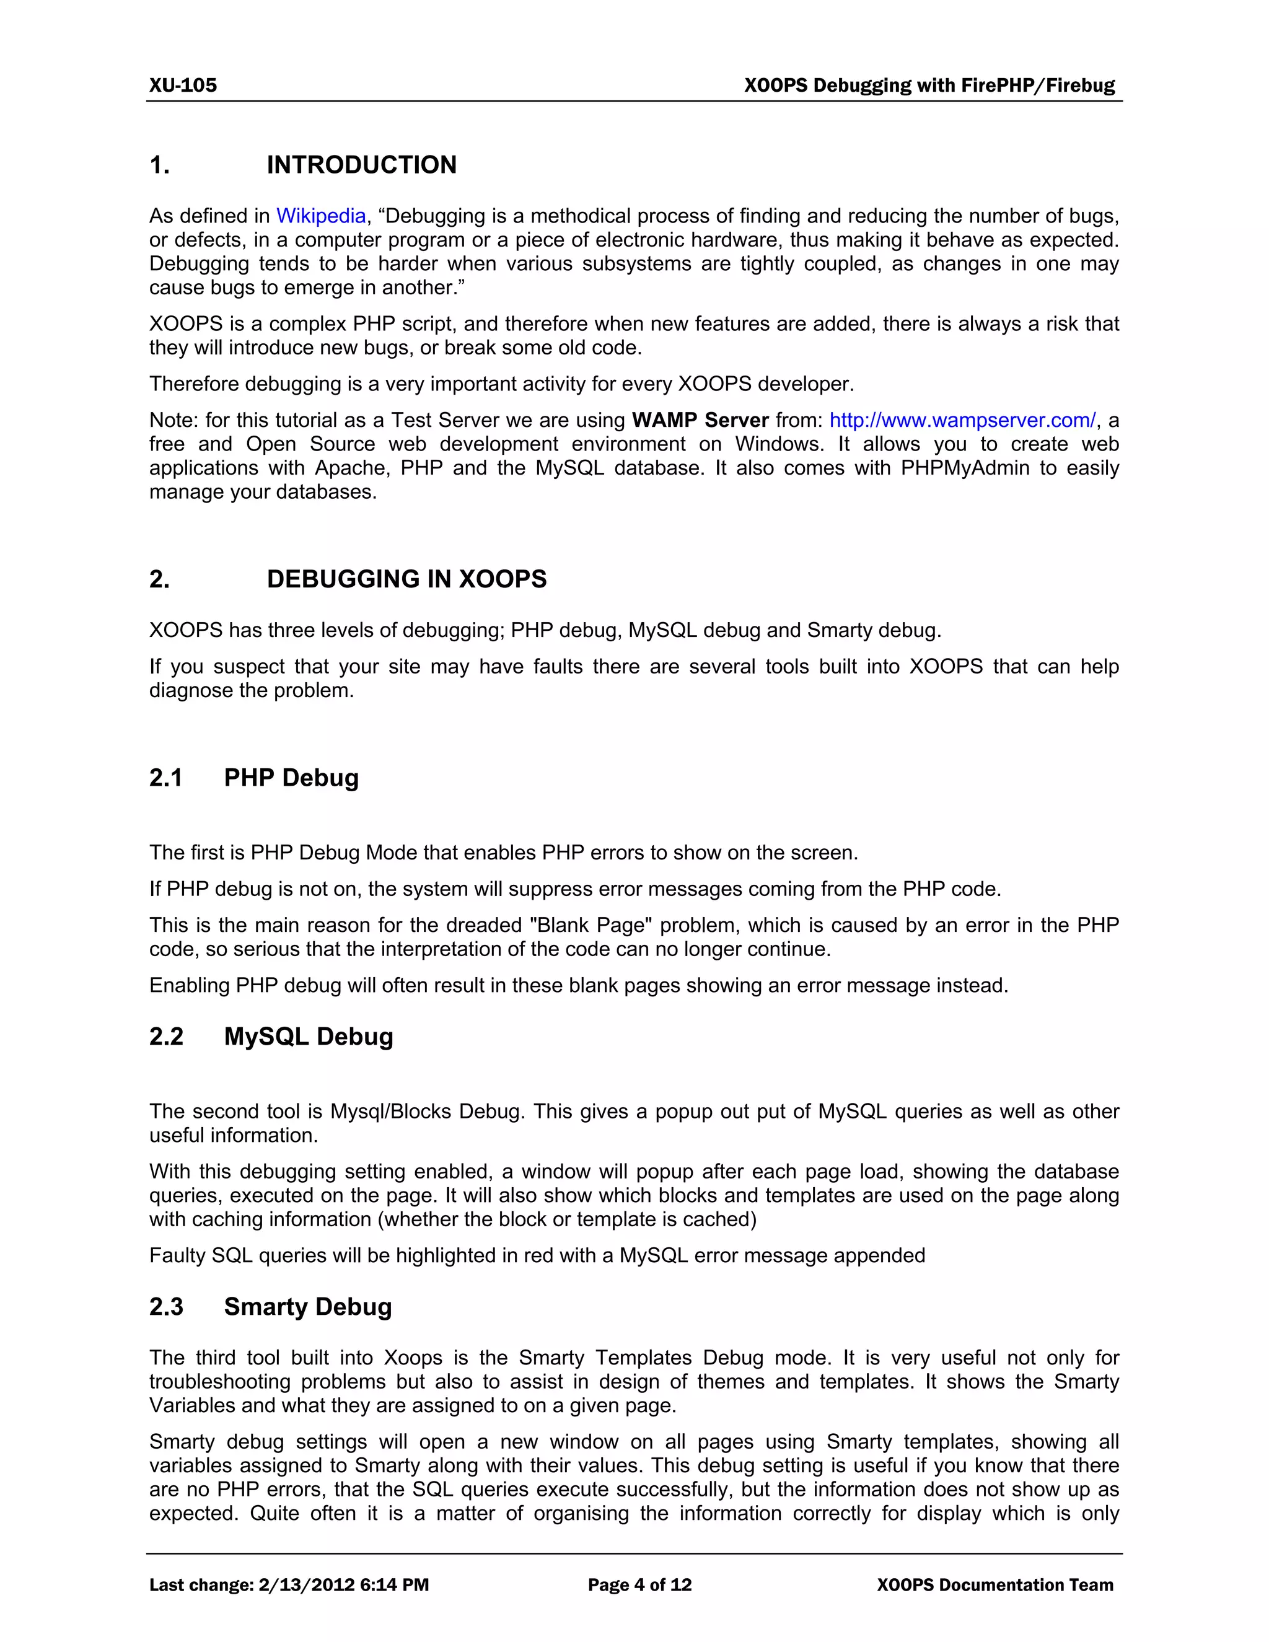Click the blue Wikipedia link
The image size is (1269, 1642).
point(321,216)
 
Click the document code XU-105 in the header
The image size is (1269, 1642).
point(183,85)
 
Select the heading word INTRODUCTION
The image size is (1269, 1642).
point(362,165)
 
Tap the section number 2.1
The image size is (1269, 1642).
point(165,778)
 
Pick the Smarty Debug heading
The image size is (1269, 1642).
point(307,1307)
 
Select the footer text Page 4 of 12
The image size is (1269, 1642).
point(639,1585)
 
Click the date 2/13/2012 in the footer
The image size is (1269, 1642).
point(306,1585)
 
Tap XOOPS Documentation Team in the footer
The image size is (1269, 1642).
point(995,1585)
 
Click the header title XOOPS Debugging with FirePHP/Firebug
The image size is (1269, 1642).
point(929,85)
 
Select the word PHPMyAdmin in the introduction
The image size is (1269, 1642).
point(965,468)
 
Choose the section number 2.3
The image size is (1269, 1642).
point(165,1307)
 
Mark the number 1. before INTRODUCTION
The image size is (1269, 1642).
point(159,165)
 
